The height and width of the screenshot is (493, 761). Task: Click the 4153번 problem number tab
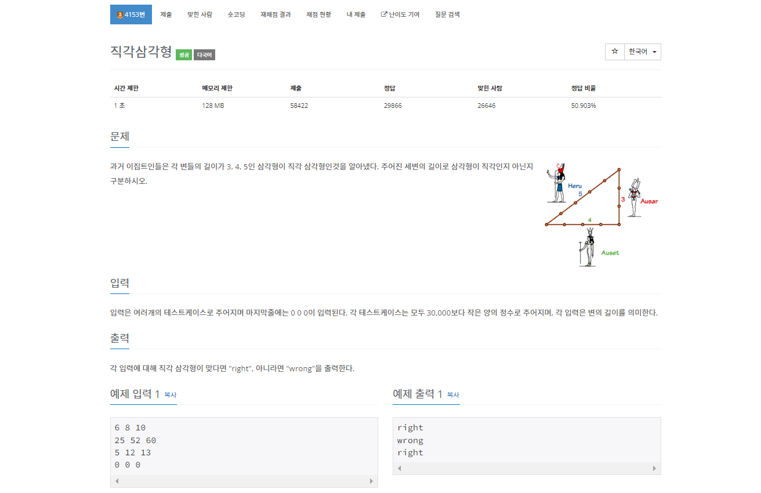[x=131, y=14]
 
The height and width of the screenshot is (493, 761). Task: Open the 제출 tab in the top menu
[x=166, y=14]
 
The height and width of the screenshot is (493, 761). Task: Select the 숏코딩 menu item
[x=236, y=14]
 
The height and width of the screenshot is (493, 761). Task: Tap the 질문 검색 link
[x=447, y=14]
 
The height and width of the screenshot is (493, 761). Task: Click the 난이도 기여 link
[x=400, y=14]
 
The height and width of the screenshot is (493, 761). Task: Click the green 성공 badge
[x=184, y=55]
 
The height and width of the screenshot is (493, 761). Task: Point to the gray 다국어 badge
[x=204, y=55]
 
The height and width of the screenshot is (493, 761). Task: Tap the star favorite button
[x=614, y=52]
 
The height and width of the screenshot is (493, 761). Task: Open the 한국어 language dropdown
[x=643, y=52]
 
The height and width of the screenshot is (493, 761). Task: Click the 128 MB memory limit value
[x=213, y=106]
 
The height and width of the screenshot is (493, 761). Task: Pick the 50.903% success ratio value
[x=584, y=106]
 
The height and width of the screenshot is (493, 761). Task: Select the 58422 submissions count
[x=299, y=106]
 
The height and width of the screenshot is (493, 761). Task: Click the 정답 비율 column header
[x=583, y=88]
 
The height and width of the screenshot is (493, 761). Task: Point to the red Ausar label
[x=649, y=201]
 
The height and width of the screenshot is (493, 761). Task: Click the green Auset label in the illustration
[x=610, y=253]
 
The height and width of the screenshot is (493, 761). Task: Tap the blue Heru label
[x=575, y=186]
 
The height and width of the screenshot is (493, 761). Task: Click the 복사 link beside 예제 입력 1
[x=171, y=394]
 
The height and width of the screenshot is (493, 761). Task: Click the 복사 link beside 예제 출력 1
[x=453, y=394]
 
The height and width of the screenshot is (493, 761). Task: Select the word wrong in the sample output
[x=410, y=440]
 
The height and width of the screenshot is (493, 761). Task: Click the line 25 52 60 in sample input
[x=135, y=440]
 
